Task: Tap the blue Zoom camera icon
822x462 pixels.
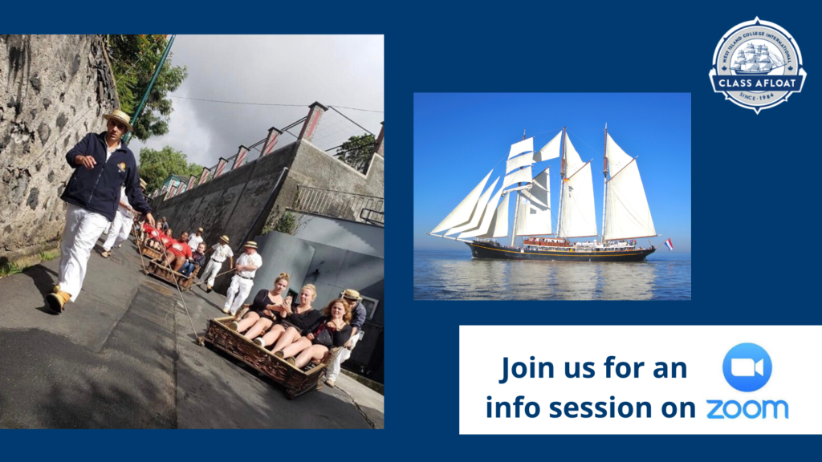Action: [747, 367]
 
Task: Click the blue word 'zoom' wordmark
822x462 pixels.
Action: [747, 408]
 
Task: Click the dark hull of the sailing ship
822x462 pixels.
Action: [562, 253]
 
